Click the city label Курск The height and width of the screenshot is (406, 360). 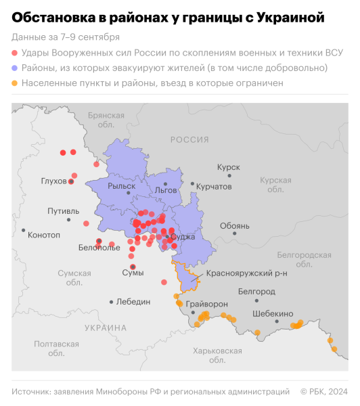coord(228,167)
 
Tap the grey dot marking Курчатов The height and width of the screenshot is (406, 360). coord(193,184)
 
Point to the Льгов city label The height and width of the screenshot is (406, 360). coord(166,191)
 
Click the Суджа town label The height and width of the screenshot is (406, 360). coord(183,237)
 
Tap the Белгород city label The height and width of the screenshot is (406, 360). coord(257,291)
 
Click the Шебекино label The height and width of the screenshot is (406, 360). coord(272,314)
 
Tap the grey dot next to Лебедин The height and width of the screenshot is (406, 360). coord(111,302)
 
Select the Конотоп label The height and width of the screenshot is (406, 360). coord(43,235)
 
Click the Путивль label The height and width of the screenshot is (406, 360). coord(63,211)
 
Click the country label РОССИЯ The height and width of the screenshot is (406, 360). coord(189,139)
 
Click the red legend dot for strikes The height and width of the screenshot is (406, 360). coord(15,53)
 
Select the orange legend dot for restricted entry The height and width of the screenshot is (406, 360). coord(15,84)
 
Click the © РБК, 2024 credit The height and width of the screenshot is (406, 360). coord(323,392)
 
